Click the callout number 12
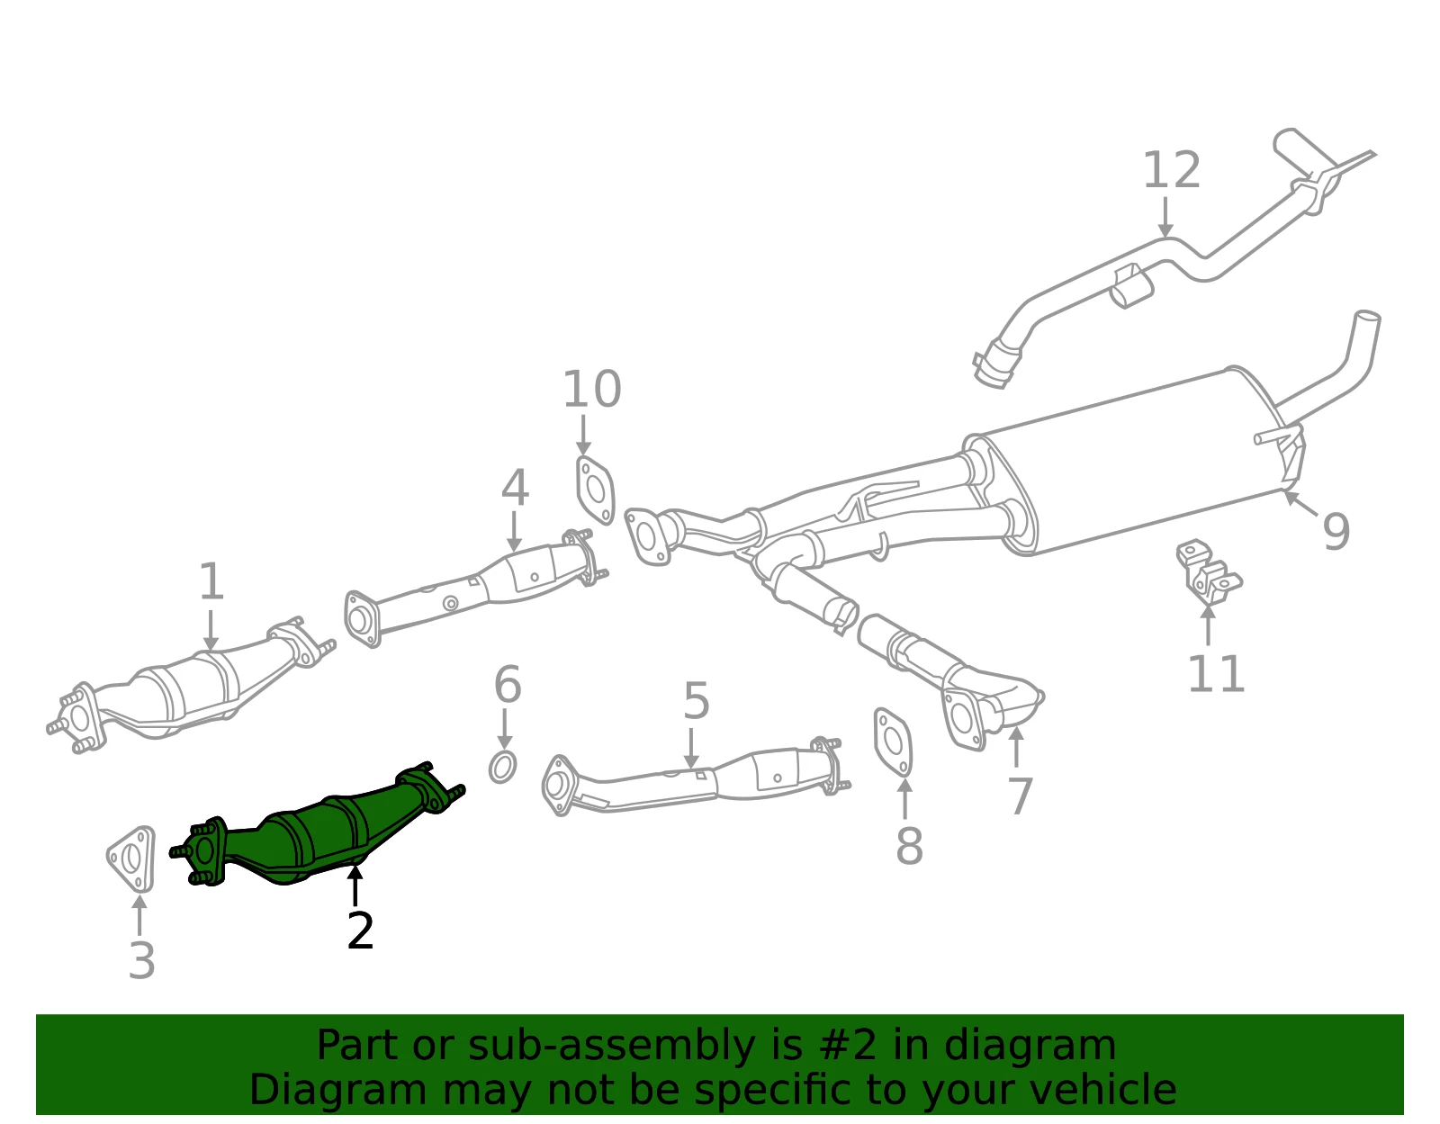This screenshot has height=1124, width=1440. point(1171,170)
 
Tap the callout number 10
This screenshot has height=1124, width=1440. point(592,389)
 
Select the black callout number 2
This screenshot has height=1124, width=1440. point(361,931)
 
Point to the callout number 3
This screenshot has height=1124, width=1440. point(142,960)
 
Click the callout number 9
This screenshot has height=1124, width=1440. point(1336,531)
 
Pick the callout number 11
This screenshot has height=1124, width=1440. point(1216,674)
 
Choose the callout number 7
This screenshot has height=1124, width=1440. point(1020,796)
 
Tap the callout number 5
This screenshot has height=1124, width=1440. point(697,701)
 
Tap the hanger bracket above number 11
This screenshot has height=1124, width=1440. point(1208,573)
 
